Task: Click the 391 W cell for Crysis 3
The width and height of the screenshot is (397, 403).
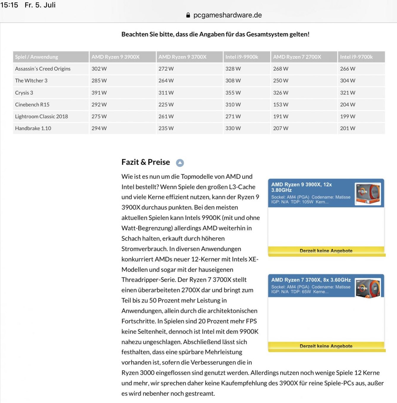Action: click(99, 93)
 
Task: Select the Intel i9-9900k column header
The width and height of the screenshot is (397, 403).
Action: click(242, 57)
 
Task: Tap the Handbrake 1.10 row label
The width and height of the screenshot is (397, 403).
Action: click(33, 128)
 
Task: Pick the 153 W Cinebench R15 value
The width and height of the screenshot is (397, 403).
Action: click(280, 105)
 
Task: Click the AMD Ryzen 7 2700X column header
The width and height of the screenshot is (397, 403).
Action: click(297, 57)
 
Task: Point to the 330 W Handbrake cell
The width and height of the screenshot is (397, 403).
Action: click(233, 128)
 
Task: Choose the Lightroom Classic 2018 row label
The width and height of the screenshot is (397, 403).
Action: click(42, 117)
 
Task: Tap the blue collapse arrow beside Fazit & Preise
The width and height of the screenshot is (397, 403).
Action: click(180, 163)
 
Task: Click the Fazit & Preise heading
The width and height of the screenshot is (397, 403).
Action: click(146, 162)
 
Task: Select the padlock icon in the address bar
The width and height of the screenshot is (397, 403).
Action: click(188, 15)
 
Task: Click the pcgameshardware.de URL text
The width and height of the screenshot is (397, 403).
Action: click(227, 15)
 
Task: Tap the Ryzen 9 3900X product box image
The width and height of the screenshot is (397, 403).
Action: click(368, 194)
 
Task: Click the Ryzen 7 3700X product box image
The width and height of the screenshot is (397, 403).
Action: click(368, 288)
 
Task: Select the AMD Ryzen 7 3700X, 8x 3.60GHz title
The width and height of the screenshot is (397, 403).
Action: click(311, 280)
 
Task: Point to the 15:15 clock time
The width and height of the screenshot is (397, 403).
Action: click(9, 5)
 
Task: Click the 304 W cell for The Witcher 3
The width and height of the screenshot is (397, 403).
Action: click(347, 81)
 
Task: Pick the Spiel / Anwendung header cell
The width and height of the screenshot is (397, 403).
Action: click(36, 57)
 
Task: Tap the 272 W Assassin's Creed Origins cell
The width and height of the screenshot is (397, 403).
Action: click(166, 69)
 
